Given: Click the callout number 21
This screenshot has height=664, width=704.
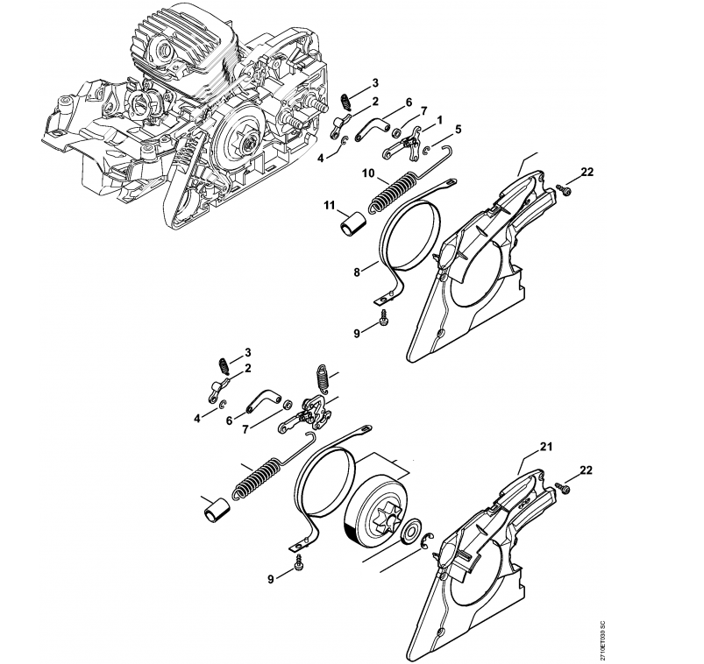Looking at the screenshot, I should pyautogui.click(x=545, y=449).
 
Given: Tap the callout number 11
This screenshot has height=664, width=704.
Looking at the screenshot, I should pyautogui.click(x=331, y=205).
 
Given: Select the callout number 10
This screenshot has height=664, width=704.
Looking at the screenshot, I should pyautogui.click(x=369, y=174).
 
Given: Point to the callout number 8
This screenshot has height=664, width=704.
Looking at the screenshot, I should pyautogui.click(x=358, y=272).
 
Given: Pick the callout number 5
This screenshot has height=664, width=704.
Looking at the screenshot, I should pyautogui.click(x=457, y=128).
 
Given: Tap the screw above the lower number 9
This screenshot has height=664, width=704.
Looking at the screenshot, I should pyautogui.click(x=301, y=560).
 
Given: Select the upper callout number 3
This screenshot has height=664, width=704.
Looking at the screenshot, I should pyautogui.click(x=374, y=83).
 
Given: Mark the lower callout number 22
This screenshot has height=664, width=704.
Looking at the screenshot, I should pyautogui.click(x=586, y=470).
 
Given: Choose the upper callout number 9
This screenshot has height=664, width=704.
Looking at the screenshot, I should pyautogui.click(x=358, y=333).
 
